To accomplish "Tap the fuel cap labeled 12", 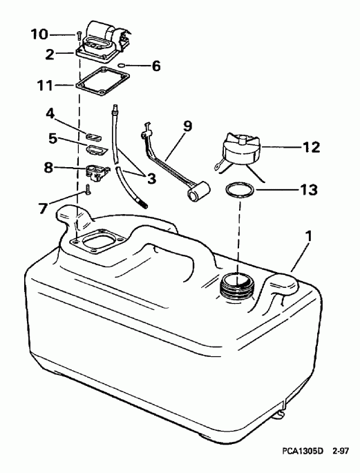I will point(240,151).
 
